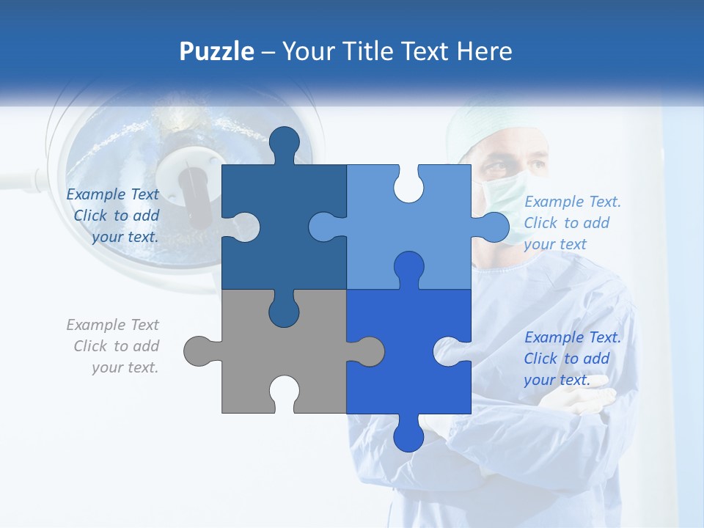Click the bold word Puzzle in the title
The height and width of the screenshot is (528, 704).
point(217,51)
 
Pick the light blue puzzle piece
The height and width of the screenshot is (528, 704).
point(433,242)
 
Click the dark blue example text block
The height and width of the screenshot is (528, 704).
point(114,216)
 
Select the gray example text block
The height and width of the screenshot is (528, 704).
point(114,346)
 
